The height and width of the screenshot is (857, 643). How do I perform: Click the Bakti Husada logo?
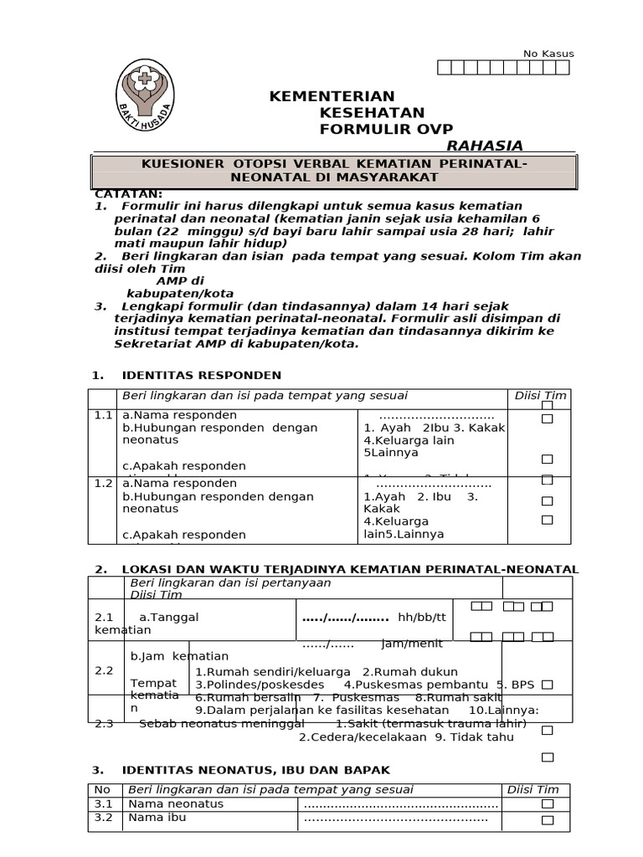[145, 92]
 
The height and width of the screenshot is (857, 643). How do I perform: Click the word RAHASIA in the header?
[485, 146]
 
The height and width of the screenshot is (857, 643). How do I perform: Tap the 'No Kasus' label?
[548, 54]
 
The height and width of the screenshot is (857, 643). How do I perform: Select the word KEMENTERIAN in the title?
[332, 96]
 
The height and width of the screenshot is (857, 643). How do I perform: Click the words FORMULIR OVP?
[386, 129]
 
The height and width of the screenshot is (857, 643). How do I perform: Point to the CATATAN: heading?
[129, 194]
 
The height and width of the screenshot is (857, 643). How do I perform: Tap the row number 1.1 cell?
[103, 415]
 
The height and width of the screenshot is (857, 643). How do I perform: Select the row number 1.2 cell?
[103, 484]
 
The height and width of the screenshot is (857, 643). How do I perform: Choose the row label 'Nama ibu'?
[157, 818]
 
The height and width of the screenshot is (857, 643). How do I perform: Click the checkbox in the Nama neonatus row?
[548, 803]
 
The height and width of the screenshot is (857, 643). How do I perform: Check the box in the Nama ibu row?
[548, 819]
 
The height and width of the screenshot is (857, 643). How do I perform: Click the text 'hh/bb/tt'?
[422, 618]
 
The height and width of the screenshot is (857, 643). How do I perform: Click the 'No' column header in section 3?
[102, 789]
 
